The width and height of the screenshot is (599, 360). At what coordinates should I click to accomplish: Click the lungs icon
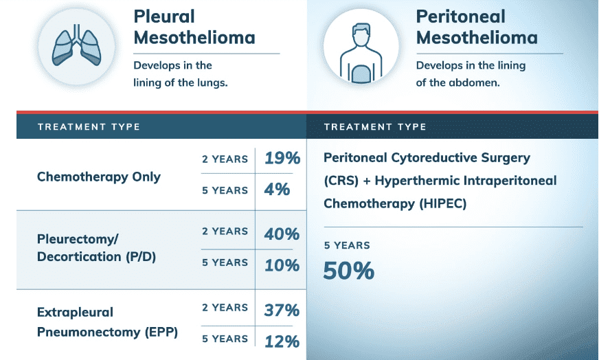tap(76, 47)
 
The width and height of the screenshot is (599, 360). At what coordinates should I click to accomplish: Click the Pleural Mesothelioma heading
tap(194, 27)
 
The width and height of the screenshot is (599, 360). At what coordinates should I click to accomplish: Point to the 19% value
tap(282, 158)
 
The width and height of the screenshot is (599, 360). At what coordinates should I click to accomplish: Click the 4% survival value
tap(277, 189)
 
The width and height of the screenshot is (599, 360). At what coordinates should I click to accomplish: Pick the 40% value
tap(282, 233)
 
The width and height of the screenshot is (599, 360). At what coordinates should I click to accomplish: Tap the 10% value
tap(282, 265)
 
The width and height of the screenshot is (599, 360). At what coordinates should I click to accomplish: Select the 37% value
tap(282, 310)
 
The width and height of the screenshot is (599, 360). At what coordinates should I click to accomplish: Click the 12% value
tap(282, 341)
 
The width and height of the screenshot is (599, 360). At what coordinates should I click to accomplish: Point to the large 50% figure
tap(349, 270)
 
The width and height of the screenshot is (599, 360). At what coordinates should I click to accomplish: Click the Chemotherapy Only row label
tap(99, 177)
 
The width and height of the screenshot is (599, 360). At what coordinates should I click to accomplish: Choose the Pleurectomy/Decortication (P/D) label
tap(88, 248)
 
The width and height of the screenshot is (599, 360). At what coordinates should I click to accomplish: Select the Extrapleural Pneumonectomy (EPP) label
tap(107, 322)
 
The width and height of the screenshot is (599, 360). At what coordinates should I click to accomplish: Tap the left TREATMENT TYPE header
tap(89, 126)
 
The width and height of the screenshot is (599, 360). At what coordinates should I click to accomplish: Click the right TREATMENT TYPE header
tap(375, 126)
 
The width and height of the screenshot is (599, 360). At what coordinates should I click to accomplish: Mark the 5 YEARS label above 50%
tap(347, 245)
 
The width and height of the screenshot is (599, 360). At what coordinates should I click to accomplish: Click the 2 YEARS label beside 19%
tap(225, 159)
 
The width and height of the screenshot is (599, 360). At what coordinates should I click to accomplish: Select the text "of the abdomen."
tap(457, 82)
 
